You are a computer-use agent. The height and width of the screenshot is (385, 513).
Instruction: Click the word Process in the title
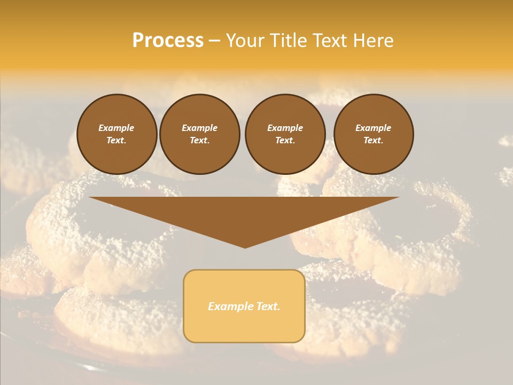tap(168, 41)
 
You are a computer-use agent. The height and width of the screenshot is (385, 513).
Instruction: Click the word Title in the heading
tap(287, 41)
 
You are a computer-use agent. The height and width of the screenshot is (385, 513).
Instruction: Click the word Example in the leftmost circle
tap(116, 128)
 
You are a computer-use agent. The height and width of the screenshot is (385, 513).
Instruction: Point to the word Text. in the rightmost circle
tap(374, 141)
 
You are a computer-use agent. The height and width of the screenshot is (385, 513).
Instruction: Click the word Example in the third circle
tap(285, 128)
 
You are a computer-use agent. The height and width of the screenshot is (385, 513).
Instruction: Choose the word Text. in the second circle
tap(199, 141)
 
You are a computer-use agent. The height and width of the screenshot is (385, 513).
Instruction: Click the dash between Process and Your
tap(214, 41)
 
